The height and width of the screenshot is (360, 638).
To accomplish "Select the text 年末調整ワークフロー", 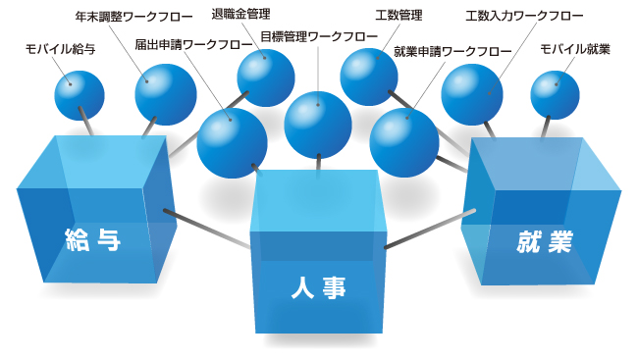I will click(121, 18).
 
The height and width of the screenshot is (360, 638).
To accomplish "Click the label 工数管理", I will click(399, 17).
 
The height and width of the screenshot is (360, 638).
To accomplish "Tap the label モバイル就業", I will click(576, 48).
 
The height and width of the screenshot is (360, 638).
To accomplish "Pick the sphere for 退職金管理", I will click(266, 77).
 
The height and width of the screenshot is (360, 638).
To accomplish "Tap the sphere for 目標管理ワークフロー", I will click(318, 124).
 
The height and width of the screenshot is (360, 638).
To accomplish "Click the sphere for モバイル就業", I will click(556, 95).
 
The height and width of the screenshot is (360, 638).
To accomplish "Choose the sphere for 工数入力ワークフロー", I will click(472, 94).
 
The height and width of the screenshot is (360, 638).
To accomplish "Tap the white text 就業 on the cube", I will click(544, 241).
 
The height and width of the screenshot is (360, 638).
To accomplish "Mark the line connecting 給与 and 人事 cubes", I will click(206, 227).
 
